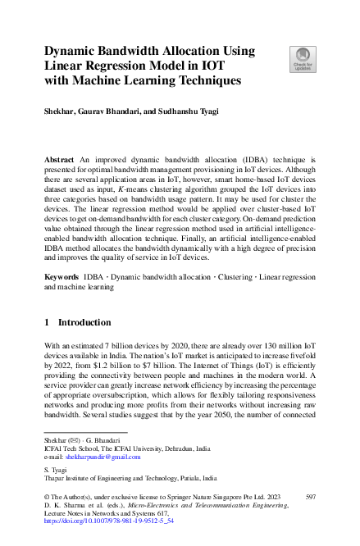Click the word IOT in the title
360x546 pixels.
pos(215,66)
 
